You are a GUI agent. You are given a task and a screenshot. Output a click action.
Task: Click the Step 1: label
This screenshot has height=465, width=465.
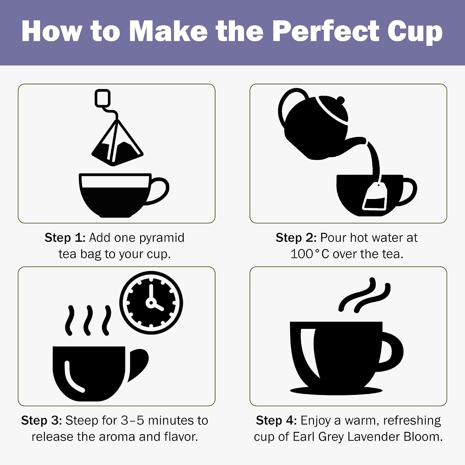pyautogui.click(x=65, y=238)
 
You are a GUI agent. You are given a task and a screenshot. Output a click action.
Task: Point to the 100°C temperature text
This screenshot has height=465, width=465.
pyautogui.click(x=310, y=254)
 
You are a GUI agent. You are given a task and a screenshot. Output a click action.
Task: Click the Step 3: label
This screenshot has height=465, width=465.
pyautogui.click(x=42, y=421)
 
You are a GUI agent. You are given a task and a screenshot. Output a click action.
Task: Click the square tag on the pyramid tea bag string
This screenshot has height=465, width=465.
pyautogui.click(x=103, y=98)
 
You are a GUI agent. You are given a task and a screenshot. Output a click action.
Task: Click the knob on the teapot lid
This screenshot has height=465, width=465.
pyautogui.click(x=340, y=100)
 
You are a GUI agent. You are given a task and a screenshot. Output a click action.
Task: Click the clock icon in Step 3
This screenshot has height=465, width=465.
pyautogui.click(x=151, y=303)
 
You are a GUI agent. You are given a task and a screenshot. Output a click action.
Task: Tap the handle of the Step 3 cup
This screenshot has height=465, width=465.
pyautogui.click(x=138, y=365)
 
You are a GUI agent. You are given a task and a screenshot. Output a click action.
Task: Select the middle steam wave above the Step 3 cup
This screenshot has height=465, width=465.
pyautogui.click(x=88, y=321)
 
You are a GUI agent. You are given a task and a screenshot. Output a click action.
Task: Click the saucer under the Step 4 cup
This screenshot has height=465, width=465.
pyautogui.click(x=336, y=391)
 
